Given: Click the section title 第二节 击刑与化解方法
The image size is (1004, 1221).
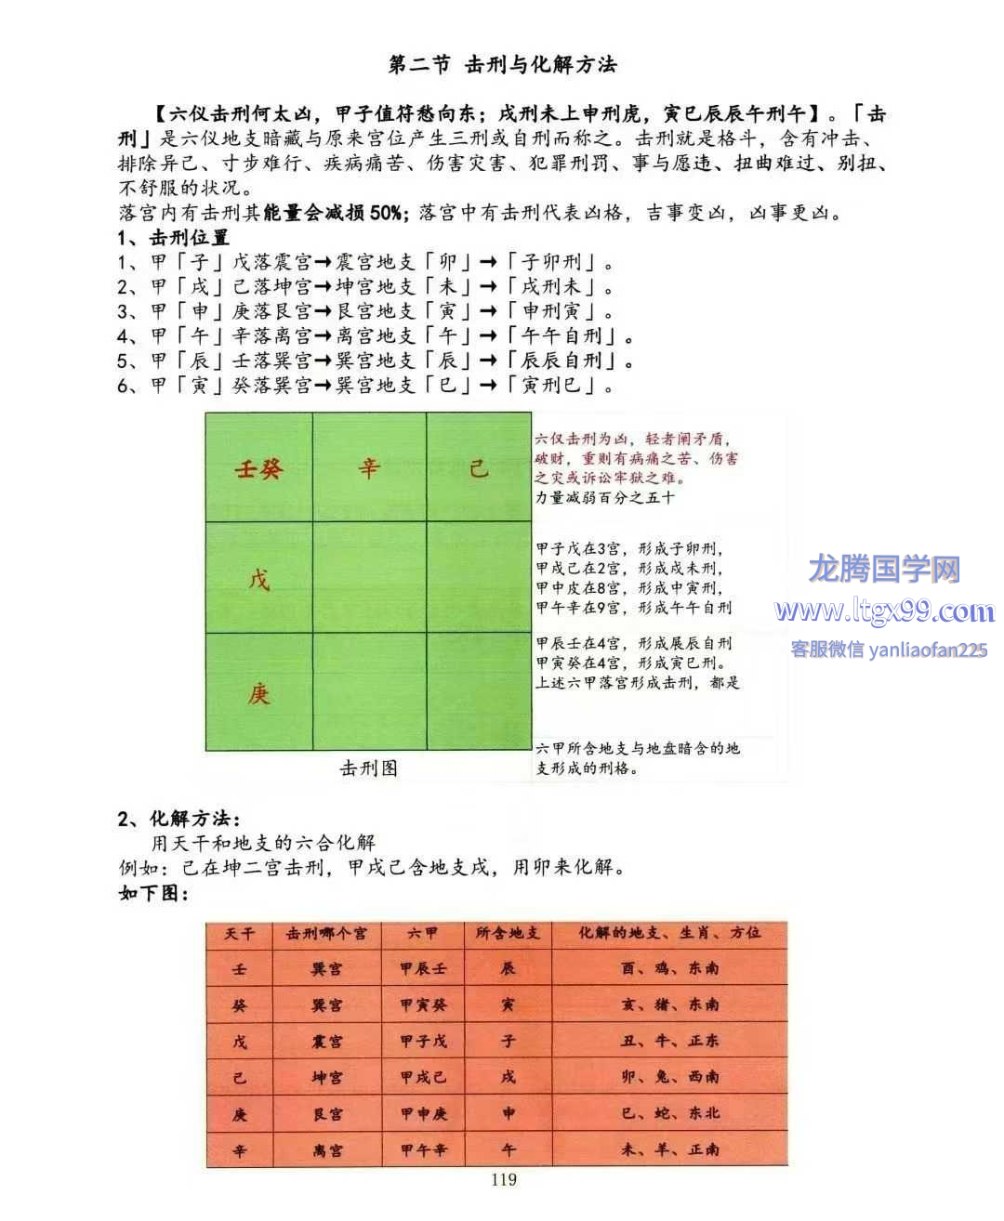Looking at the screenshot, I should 502,64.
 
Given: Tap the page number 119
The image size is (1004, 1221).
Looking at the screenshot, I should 503,1179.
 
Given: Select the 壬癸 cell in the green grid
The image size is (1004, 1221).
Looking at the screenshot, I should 258,468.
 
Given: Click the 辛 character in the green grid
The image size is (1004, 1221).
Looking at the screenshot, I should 369,468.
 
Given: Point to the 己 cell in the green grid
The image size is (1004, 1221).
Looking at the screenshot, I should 479,468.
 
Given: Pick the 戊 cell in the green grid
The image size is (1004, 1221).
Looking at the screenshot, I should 258,580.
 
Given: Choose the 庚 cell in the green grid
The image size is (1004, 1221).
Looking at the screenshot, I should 258,693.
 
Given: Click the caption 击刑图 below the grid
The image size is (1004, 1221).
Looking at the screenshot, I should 368,768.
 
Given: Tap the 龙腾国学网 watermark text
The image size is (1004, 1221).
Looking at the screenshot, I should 884,568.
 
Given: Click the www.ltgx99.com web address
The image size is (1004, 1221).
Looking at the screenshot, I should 884,611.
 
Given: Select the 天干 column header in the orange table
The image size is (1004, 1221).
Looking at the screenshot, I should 239,933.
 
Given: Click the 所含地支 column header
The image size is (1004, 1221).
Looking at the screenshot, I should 508,933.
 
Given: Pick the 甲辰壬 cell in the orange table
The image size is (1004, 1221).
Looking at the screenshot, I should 424,968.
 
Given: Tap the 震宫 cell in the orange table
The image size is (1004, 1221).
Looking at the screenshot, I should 326,1041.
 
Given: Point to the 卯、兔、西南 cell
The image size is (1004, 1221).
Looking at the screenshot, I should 670,1077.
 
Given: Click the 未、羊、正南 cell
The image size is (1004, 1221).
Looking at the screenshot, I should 670,1149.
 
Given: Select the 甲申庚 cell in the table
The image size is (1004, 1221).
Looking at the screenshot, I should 424,1113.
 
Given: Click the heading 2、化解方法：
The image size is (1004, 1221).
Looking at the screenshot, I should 178,819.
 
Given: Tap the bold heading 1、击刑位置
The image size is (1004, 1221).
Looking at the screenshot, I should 173,238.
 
